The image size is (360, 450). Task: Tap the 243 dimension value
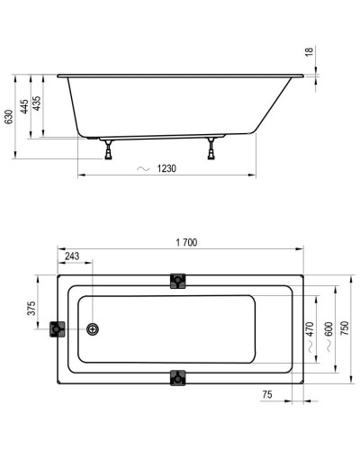[x=73, y=256]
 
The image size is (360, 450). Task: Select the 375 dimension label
[x=32, y=309]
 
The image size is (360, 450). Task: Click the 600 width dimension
[x=329, y=328]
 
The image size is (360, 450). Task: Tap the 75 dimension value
[x=267, y=394]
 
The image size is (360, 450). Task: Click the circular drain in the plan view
[x=94, y=328]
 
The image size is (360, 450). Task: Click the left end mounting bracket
[x=59, y=328]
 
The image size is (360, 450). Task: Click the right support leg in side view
[x=213, y=148]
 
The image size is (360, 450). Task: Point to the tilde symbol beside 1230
[x=141, y=168]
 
